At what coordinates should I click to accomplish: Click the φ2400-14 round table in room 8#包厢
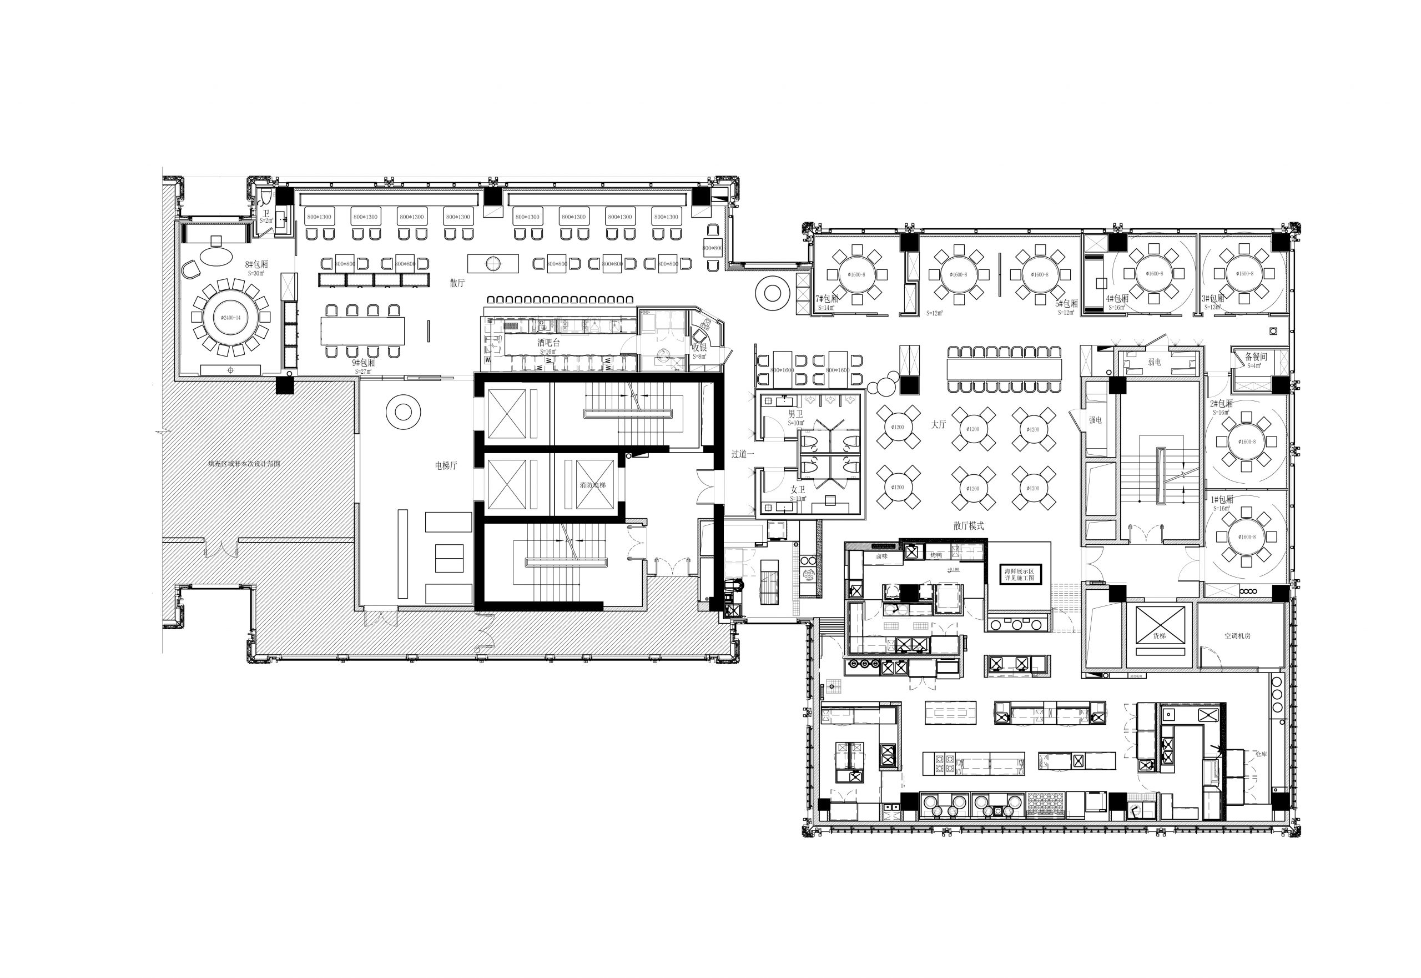coord(230,318)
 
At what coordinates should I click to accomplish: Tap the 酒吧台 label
coord(548,343)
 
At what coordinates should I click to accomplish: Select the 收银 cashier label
coord(699,348)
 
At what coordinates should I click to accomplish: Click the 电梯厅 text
coord(445,466)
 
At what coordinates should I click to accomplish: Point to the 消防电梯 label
coord(592,485)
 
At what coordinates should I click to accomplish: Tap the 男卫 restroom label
coord(795,415)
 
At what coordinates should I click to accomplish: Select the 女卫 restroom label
coord(798,490)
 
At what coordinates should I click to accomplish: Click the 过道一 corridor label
coord(742,454)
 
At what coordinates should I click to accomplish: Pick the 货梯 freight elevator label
coord(1160,636)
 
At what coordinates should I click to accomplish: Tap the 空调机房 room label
coord(1237,636)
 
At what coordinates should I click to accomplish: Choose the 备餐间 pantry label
coord(1256,357)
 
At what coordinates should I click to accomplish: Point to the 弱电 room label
coord(1154,362)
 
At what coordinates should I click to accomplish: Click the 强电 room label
coord(1095,420)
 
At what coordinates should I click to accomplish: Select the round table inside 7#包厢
coord(856,275)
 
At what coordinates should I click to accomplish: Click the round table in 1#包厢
coord(1245,538)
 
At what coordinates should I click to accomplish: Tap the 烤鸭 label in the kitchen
coord(936,555)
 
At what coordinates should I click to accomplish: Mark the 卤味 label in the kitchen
coord(881,556)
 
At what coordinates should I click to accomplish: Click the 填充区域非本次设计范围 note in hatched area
coord(244,464)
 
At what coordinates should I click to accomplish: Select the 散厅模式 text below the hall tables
coord(969,526)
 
